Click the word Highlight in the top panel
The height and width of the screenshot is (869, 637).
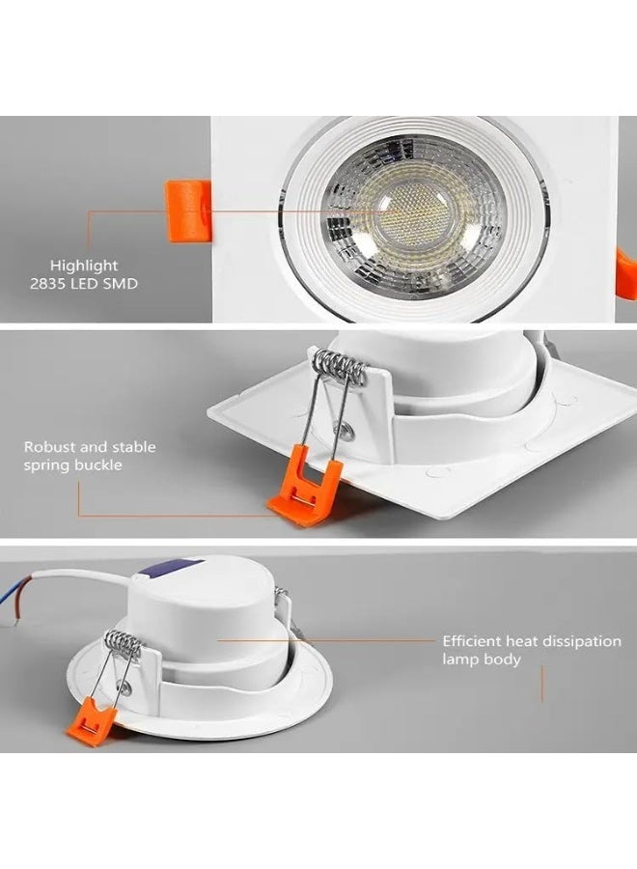[85, 265]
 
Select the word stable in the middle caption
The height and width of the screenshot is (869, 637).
[130, 447]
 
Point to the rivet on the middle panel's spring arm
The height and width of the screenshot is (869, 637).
[341, 422]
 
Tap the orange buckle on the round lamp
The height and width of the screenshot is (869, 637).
[92, 722]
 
